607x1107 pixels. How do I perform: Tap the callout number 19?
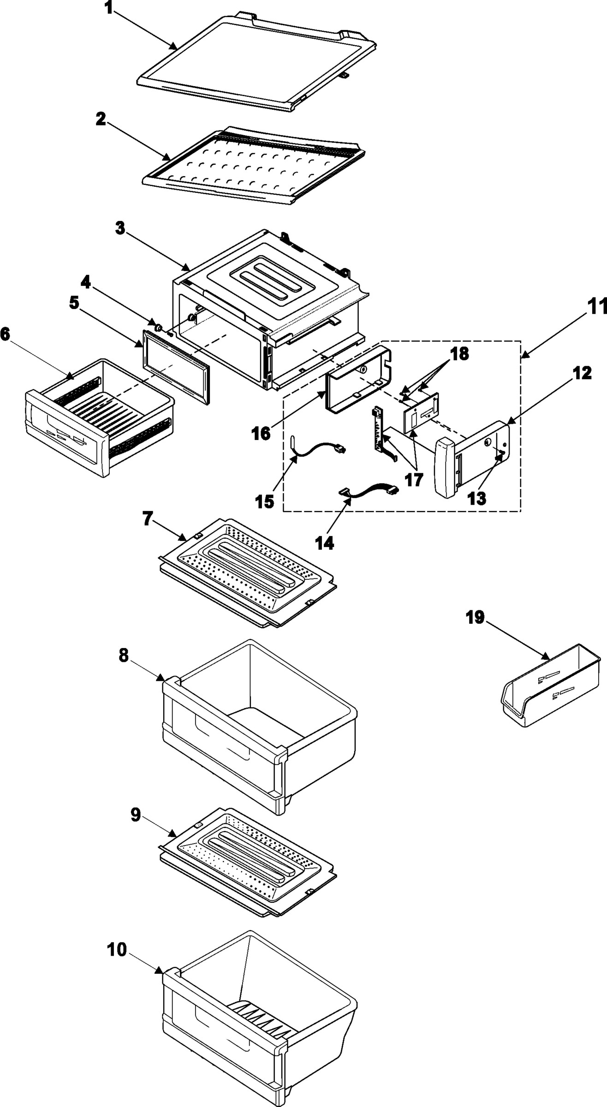click(475, 618)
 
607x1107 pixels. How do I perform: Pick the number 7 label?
click(147, 519)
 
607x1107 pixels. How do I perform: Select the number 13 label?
click(478, 499)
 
